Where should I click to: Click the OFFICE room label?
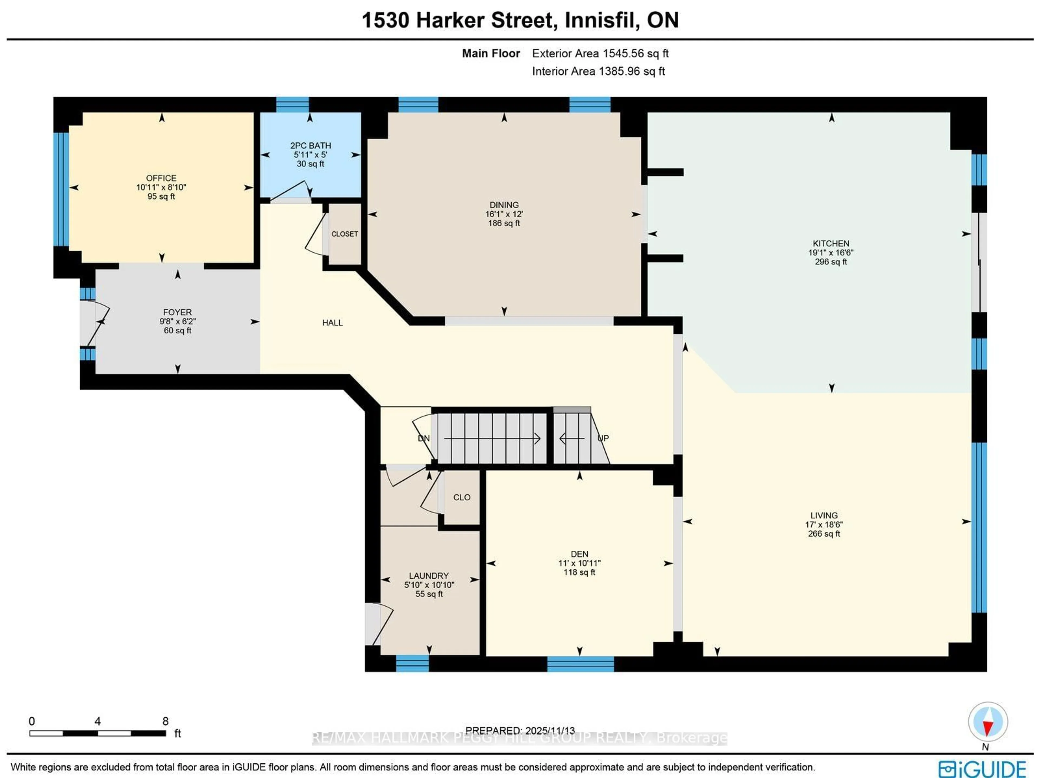click(x=161, y=178)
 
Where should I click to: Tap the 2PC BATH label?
click(x=310, y=146)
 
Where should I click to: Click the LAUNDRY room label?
click(x=428, y=576)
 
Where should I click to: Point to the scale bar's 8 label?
click(x=165, y=721)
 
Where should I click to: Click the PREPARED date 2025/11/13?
click(x=550, y=731)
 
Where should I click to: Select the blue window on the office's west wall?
click(x=61, y=189)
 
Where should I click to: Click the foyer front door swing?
click(x=96, y=323)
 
